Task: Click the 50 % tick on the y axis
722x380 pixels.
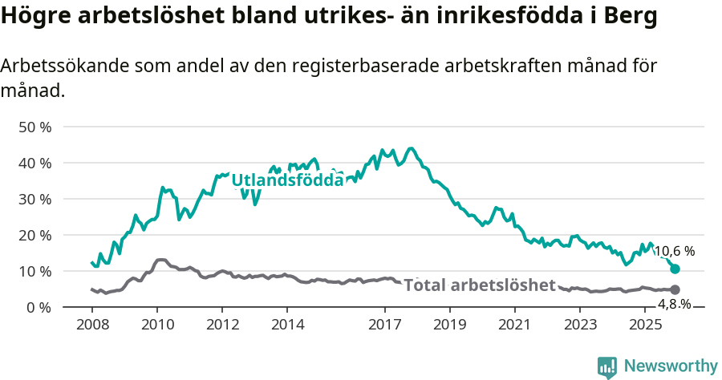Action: pyautogui.click(x=34, y=127)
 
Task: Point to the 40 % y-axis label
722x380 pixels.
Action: pyautogui.click(x=34, y=163)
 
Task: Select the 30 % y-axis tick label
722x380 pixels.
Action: pyautogui.click(x=34, y=199)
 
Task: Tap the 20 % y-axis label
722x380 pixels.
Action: pyautogui.click(x=34, y=235)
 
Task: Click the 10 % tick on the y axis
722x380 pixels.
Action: pyautogui.click(x=34, y=271)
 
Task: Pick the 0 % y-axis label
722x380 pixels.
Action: pyautogui.click(x=38, y=307)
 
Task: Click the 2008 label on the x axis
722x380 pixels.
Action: pyautogui.click(x=91, y=325)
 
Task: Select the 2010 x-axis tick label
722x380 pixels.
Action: pyautogui.click(x=156, y=325)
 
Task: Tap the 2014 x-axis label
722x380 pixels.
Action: pyautogui.click(x=287, y=325)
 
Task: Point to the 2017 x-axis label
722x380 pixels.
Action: pyautogui.click(x=385, y=325)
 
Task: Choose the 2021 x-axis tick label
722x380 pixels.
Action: pyautogui.click(x=515, y=325)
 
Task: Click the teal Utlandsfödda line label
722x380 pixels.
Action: pyautogui.click(x=287, y=180)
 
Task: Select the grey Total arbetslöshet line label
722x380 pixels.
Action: pyautogui.click(x=480, y=285)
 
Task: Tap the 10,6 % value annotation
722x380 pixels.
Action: pyautogui.click(x=675, y=251)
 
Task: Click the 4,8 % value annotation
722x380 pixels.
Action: pyautogui.click(x=674, y=304)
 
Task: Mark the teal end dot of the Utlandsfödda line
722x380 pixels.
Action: pyautogui.click(x=675, y=269)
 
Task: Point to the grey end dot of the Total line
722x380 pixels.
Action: pyautogui.click(x=675, y=289)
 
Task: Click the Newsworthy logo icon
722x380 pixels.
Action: pyautogui.click(x=607, y=366)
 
